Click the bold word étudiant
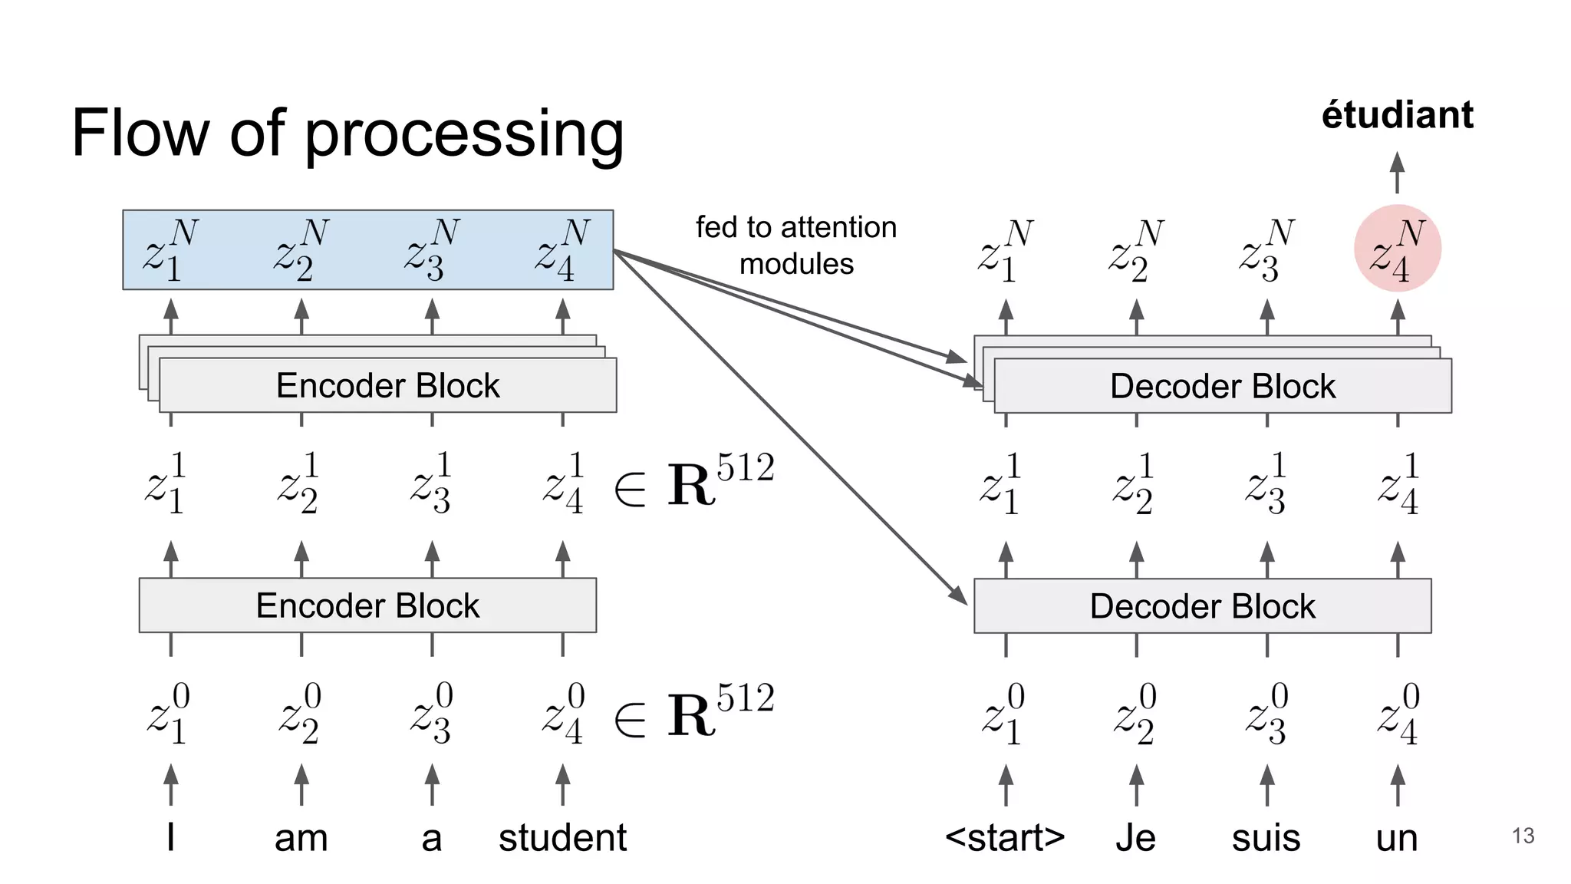pyautogui.click(x=1397, y=115)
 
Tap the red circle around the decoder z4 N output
pyautogui.click(x=1397, y=249)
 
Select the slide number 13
pyautogui.click(x=1523, y=835)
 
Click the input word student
pyautogui.click(x=562, y=837)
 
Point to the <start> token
pyautogui.click(x=1005, y=837)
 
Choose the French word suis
pyautogui.click(x=1266, y=838)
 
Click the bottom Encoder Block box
pyautogui.click(x=367, y=605)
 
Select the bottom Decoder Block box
pyautogui.click(x=1202, y=606)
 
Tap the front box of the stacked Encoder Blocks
pyautogui.click(x=387, y=386)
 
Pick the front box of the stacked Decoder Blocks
pyautogui.click(x=1223, y=387)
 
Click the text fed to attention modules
pyautogui.click(x=796, y=246)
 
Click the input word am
pyautogui.click(x=301, y=838)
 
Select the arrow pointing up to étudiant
pyautogui.click(x=1397, y=172)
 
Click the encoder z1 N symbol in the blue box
pyautogui.click(x=170, y=250)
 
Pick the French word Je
pyautogui.click(x=1135, y=837)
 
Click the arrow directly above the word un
pyautogui.click(x=1398, y=784)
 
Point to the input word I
pyautogui.click(x=170, y=836)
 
